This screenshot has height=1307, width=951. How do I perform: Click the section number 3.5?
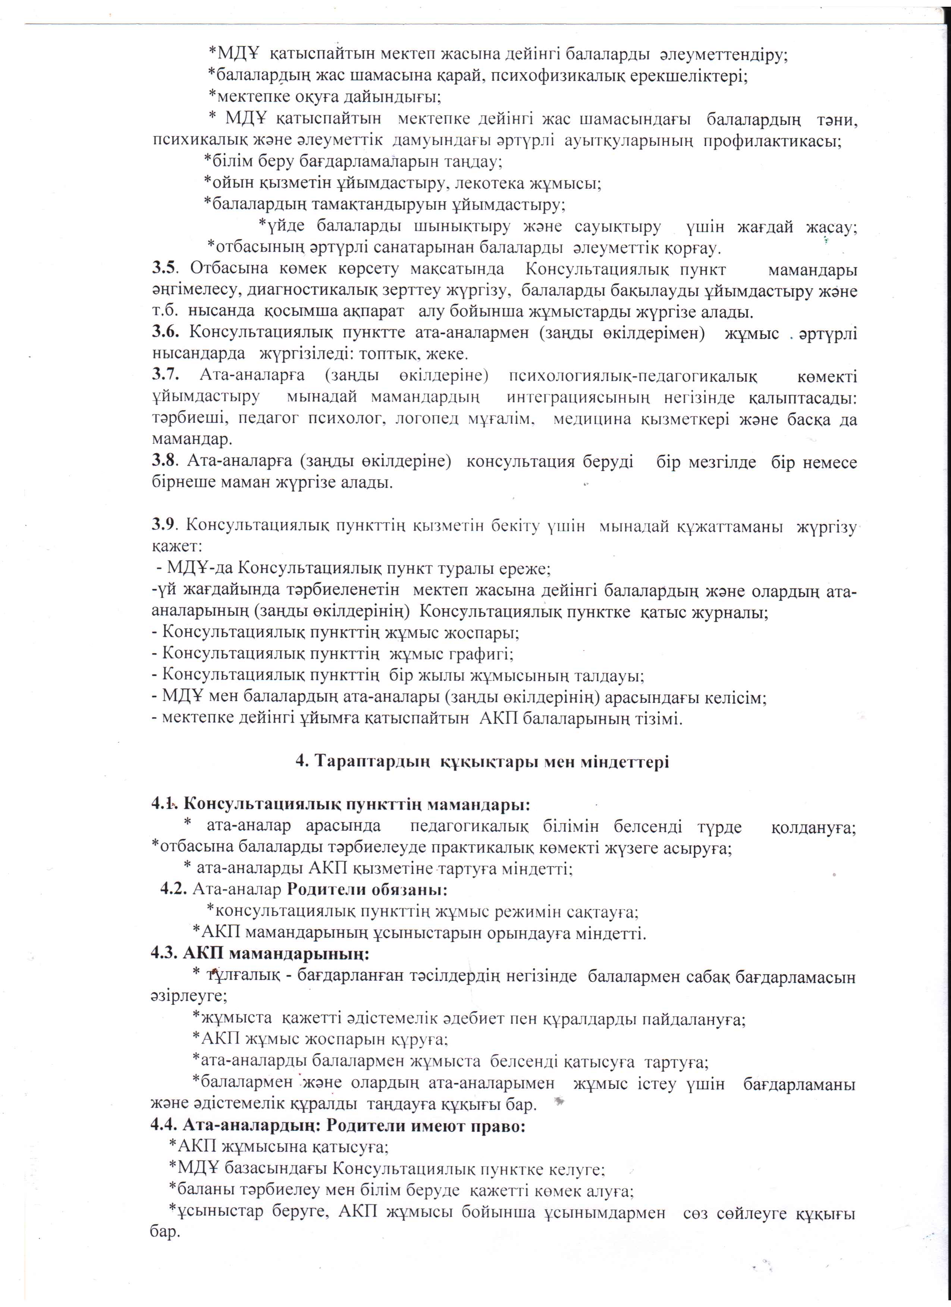(x=163, y=269)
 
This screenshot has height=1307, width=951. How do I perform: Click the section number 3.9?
(x=163, y=526)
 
